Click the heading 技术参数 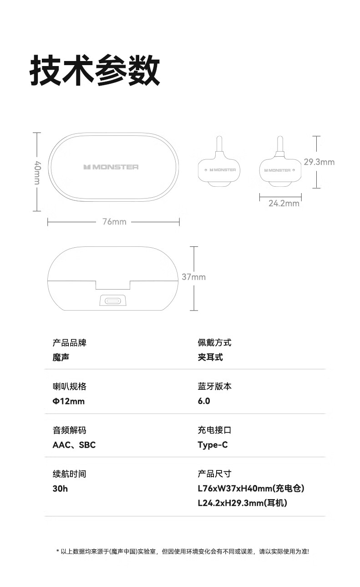[95, 71]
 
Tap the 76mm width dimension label [114, 222]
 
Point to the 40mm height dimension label [37, 173]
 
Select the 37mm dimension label [194, 277]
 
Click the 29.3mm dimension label [319, 162]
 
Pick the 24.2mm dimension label [284, 203]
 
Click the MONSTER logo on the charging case [111, 167]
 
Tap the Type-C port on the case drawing [113, 301]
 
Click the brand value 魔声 [61, 357]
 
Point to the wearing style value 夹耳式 [210, 357]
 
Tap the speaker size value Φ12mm [69, 401]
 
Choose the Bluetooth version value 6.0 [204, 401]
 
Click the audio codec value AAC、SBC [74, 445]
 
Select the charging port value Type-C [213, 445]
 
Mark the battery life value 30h [60, 489]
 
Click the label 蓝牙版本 [214, 386]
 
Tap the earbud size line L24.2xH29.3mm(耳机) [243, 503]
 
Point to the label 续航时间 [69, 474]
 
